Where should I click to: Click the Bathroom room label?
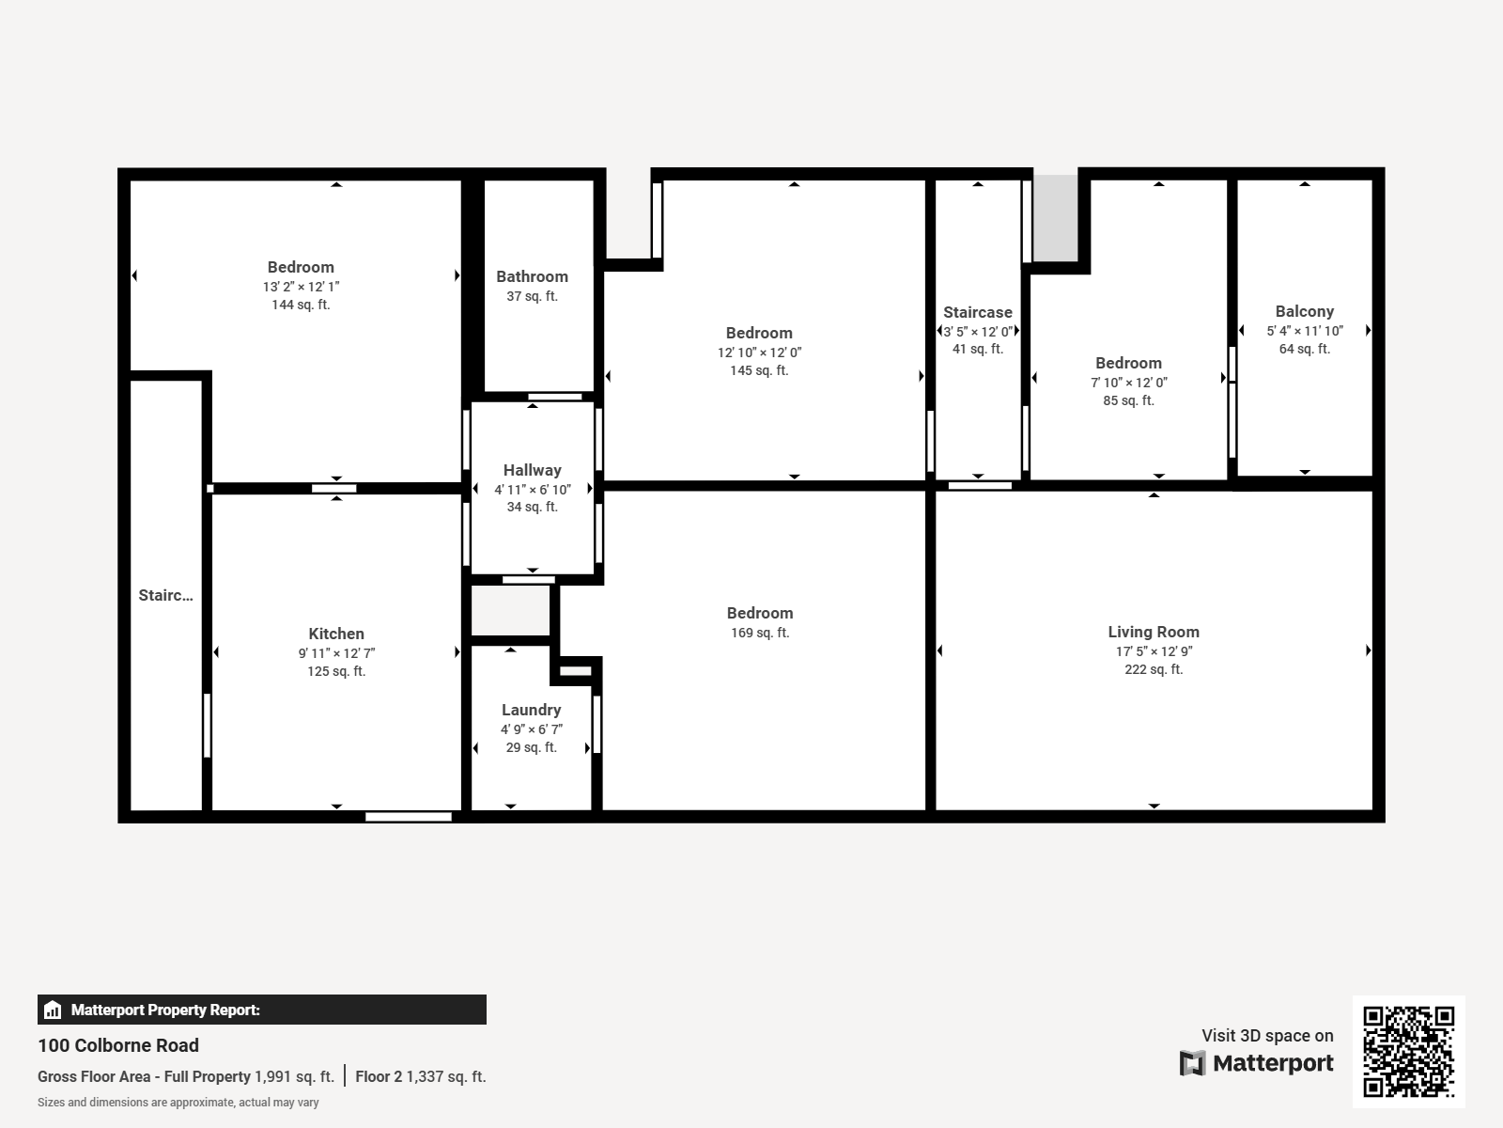(532, 276)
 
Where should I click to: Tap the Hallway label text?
(532, 470)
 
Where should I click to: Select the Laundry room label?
(531, 710)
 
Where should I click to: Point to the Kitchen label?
(336, 634)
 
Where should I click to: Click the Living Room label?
(1153, 632)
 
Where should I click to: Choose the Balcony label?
(1304, 311)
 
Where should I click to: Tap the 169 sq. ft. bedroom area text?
(760, 633)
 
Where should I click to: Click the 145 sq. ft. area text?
(759, 370)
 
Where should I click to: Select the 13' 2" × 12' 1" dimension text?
(301, 287)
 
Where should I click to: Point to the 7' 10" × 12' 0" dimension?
(1128, 383)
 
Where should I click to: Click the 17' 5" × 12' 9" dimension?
(1154, 651)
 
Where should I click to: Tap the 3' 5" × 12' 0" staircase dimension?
(978, 332)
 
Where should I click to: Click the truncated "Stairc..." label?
(165, 595)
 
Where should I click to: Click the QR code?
(1408, 1051)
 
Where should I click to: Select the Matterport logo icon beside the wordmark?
(1192, 1063)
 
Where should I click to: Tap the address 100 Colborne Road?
(118, 1045)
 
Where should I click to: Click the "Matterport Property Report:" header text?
(165, 1010)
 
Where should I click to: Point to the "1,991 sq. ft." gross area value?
(294, 1076)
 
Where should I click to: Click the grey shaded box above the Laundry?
(510, 611)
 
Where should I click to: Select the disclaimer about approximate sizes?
(178, 1103)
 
